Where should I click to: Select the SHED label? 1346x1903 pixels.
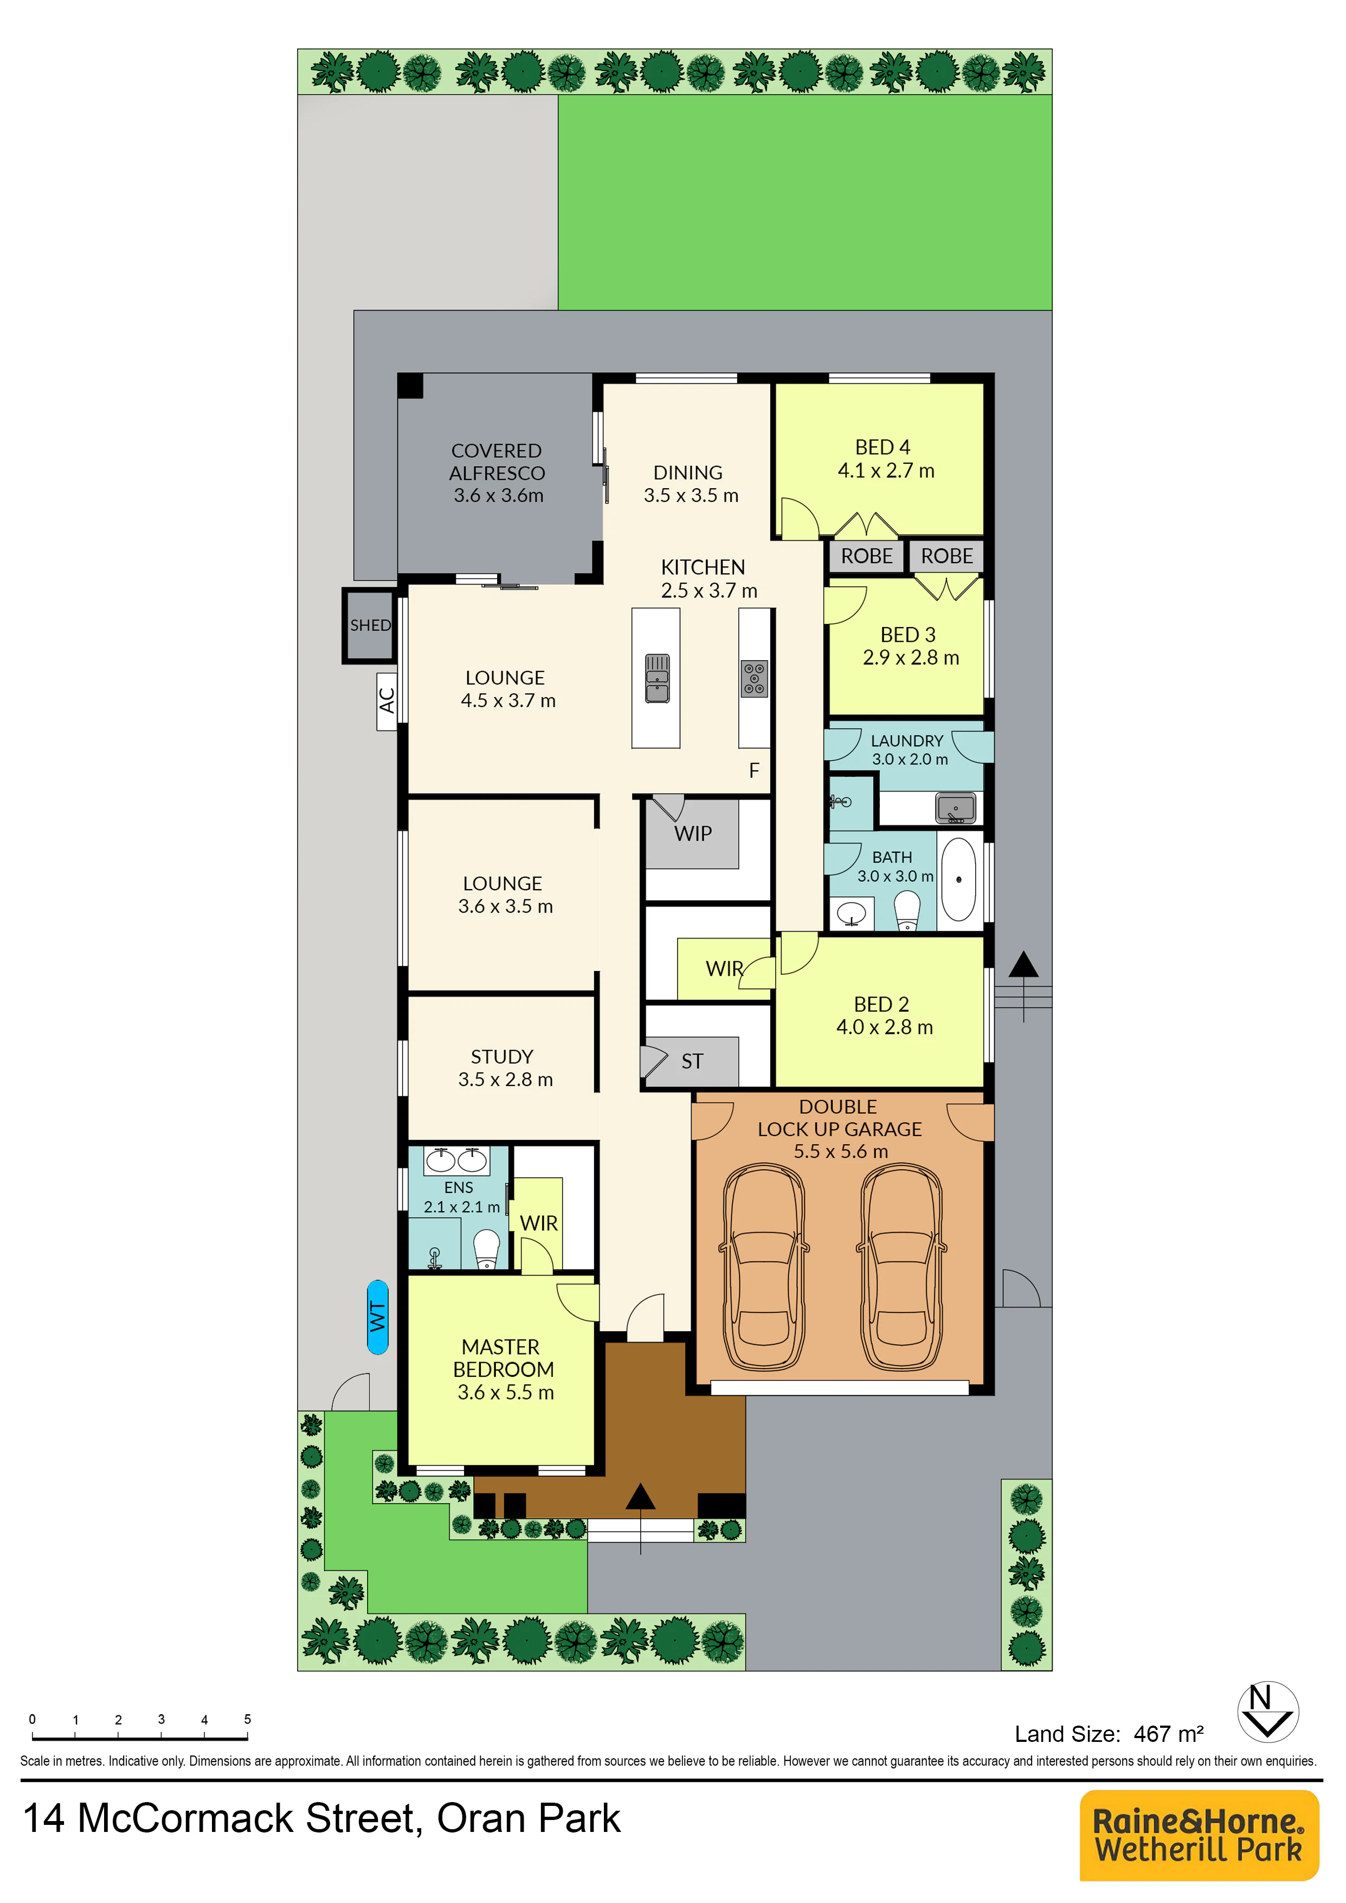[370, 625]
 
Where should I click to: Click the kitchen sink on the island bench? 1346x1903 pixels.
[657, 678]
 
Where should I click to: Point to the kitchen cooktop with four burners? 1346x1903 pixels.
[754, 678]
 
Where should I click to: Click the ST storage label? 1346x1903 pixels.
[692, 1062]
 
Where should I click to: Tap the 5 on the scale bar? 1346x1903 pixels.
[247, 1719]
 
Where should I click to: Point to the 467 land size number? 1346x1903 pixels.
[1152, 1734]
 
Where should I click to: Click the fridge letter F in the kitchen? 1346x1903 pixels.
[754, 770]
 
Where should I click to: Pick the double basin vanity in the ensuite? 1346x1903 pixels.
[456, 1160]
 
